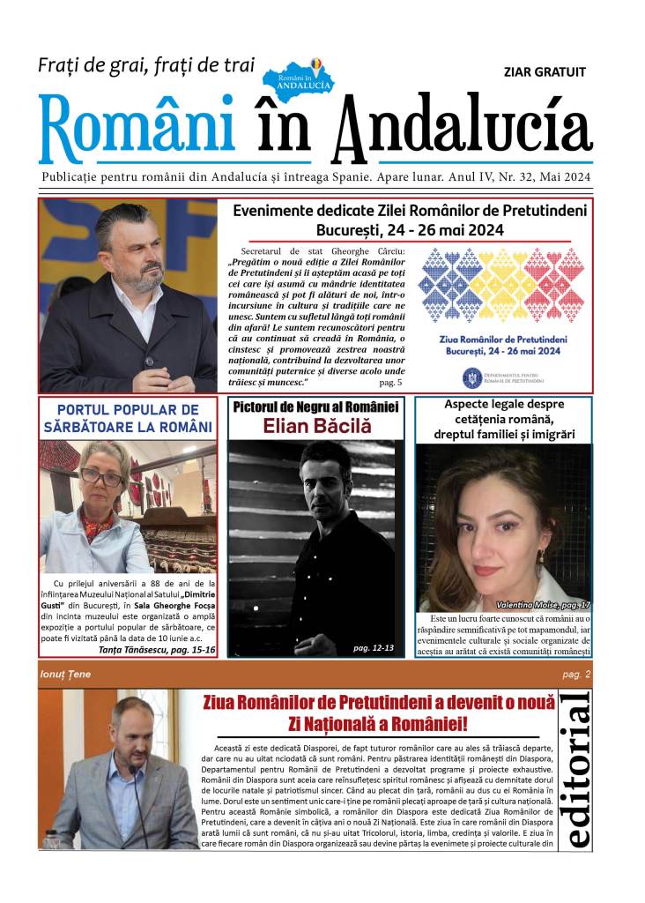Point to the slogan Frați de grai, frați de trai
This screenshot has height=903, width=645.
[x=146, y=64]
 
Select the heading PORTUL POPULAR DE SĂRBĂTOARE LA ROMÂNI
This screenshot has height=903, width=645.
[x=128, y=419]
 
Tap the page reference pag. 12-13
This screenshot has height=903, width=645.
[x=374, y=648]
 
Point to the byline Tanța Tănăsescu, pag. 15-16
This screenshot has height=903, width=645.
[x=165, y=650]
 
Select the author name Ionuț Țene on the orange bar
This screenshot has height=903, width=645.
[x=66, y=675]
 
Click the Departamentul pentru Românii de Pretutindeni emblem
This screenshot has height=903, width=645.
[x=472, y=377]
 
